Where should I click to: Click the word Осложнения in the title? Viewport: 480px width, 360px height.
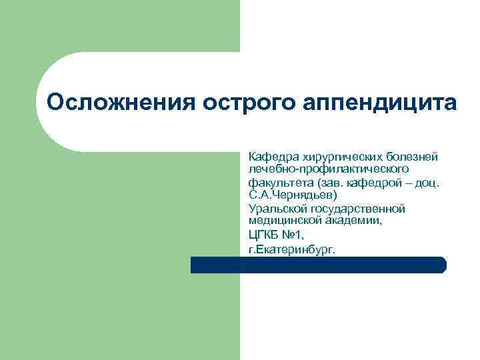[x=117, y=103]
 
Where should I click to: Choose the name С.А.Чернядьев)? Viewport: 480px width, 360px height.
[x=293, y=195]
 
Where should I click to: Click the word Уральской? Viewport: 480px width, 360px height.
[x=275, y=209]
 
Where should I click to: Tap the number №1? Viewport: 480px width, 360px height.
[x=295, y=235]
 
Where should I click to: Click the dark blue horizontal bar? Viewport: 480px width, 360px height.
[x=318, y=265]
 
